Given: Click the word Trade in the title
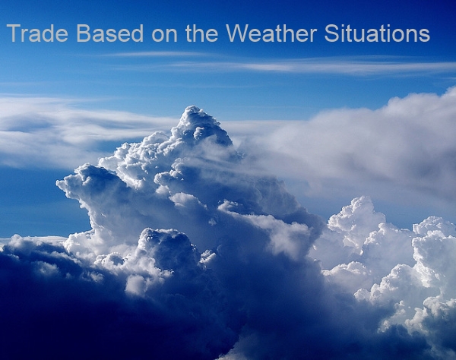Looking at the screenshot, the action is (37, 33).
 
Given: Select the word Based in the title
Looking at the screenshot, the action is (109, 33).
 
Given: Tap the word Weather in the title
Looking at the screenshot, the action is (271, 33).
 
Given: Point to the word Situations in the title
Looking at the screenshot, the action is (377, 33).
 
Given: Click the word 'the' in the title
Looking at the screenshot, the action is (201, 33).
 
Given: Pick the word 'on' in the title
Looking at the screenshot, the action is (164, 36).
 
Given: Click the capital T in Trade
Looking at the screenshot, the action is (14, 33).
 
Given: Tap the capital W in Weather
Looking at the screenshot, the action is (239, 33).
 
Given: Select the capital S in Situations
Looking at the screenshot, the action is (331, 33).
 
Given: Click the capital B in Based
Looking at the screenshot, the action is (83, 33).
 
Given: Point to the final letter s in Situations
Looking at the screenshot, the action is (425, 36).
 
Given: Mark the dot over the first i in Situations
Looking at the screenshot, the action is (344, 26).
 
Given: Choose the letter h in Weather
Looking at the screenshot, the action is (288, 33).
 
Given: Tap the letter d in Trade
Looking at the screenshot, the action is (45, 33).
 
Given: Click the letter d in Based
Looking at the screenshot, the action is (137, 33).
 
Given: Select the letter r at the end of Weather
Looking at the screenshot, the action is (313, 35).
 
